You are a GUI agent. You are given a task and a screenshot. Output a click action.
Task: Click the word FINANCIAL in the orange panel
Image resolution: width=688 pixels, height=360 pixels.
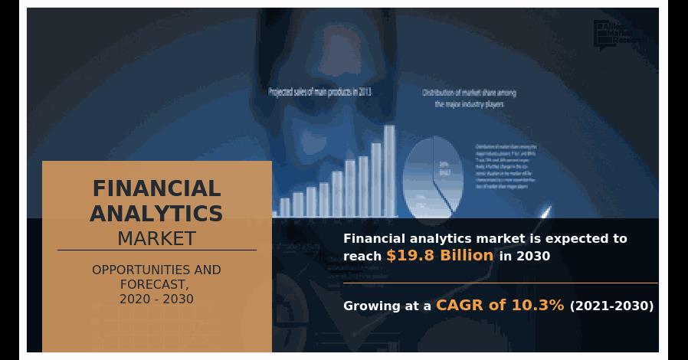156,188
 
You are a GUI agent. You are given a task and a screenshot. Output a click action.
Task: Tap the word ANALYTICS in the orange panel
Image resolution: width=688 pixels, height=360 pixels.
156,214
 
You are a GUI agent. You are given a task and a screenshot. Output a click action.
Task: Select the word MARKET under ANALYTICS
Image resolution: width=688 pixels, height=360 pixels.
156,238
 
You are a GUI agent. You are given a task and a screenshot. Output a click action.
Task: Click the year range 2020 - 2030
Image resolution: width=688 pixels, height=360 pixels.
156,299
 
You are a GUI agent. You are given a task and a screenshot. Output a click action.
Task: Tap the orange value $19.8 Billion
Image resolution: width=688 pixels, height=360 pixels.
440,256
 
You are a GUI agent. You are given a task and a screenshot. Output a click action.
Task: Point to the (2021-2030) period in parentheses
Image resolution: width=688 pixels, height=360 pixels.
611,306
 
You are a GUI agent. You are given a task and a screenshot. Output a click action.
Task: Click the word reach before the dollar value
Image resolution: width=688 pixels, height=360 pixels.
362,257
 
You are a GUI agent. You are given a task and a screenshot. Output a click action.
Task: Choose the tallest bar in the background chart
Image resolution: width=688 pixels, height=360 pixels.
389,171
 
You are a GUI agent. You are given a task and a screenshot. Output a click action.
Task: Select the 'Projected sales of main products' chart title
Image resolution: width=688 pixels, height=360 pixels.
319,93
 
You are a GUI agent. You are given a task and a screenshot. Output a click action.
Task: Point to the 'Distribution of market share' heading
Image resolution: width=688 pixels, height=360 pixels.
469,93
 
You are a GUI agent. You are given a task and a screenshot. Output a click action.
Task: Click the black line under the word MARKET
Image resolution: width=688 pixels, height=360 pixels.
156,250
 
